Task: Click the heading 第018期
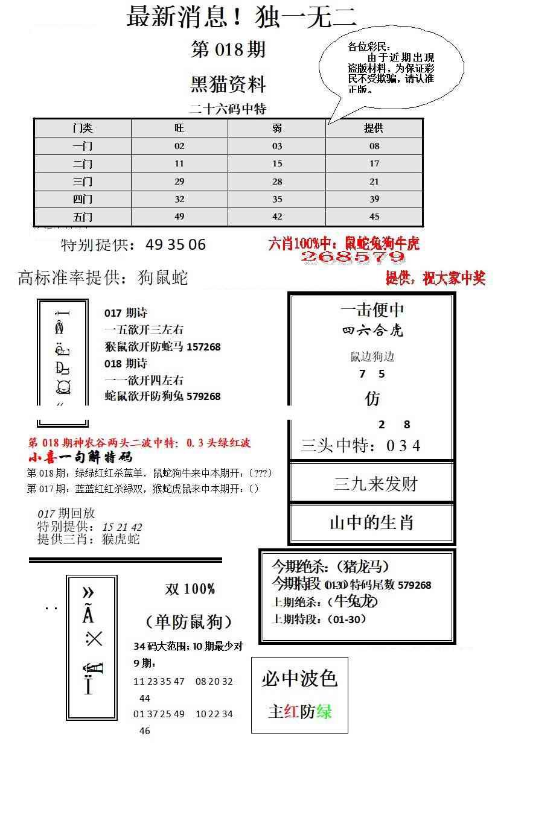click(228, 49)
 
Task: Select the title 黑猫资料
click(228, 84)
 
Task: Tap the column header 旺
click(179, 128)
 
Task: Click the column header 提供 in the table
click(374, 128)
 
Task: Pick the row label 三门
click(83, 182)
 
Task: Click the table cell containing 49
click(179, 217)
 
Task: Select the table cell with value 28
click(277, 182)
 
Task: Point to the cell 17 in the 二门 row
click(374, 163)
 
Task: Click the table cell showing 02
click(179, 146)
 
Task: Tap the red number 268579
click(353, 258)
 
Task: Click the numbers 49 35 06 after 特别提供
click(176, 244)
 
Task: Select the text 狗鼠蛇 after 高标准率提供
click(163, 277)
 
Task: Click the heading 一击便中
click(372, 310)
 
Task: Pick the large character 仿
click(372, 399)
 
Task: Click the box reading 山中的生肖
click(371, 522)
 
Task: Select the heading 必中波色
click(299, 679)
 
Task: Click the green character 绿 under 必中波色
click(324, 712)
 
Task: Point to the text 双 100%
click(190, 589)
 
